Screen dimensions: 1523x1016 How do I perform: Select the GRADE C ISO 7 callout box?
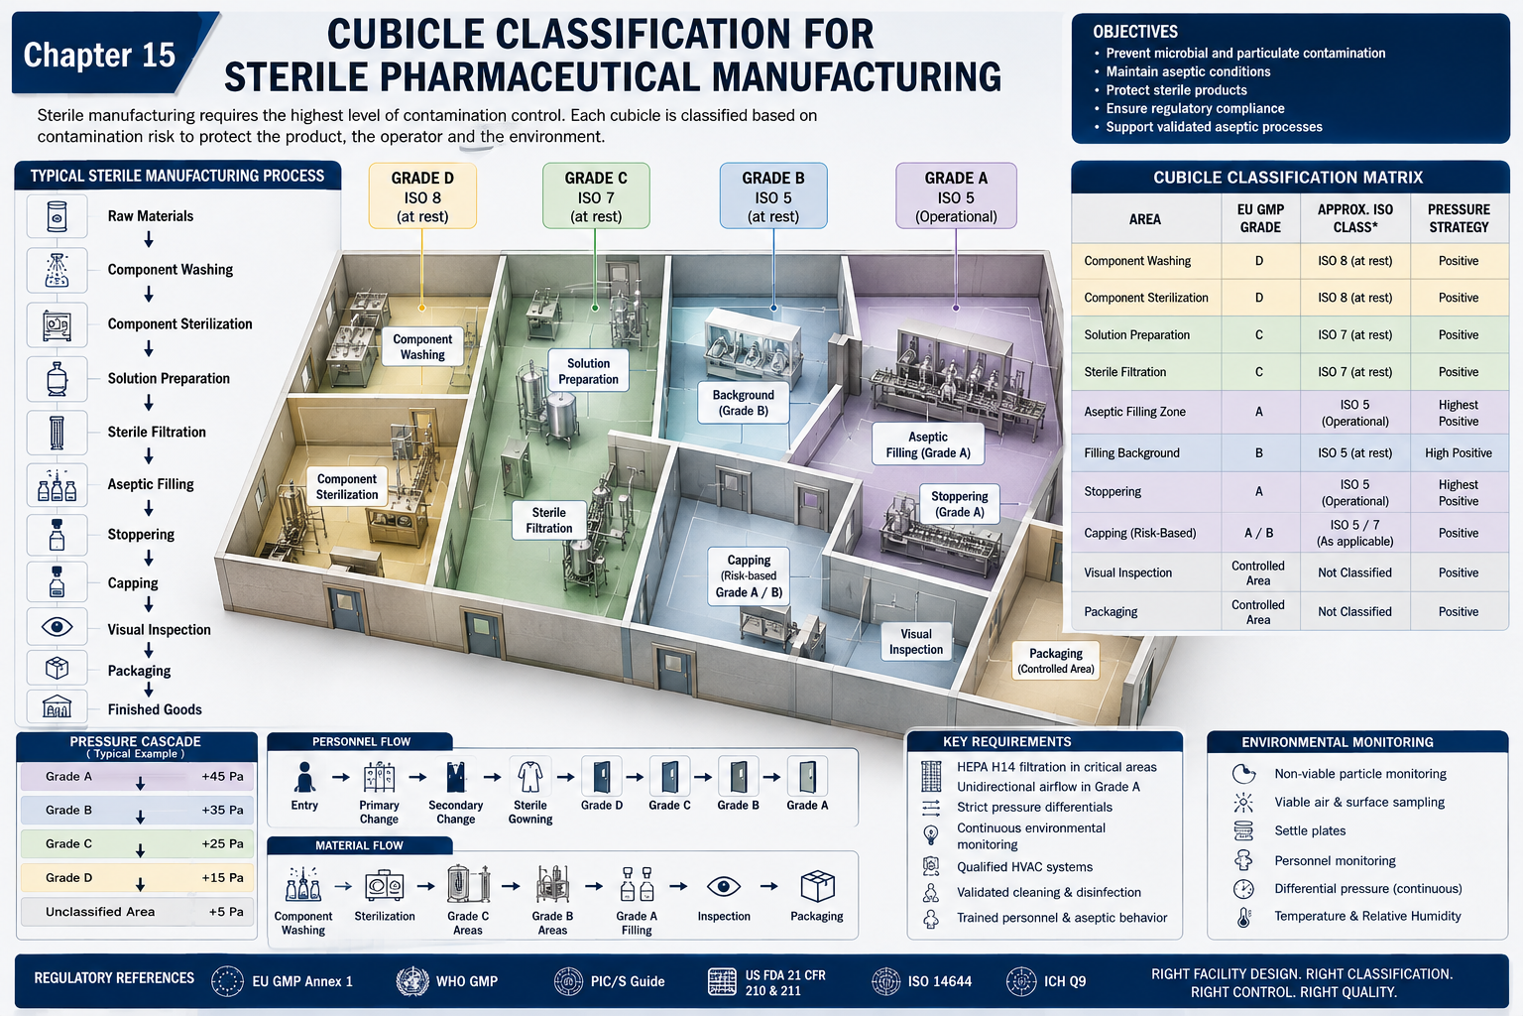coord(596,196)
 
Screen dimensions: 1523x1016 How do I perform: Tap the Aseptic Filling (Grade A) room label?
coord(928,444)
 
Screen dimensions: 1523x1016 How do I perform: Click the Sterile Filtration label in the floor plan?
coord(548,520)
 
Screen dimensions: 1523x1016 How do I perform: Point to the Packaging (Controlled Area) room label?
coord(1055,660)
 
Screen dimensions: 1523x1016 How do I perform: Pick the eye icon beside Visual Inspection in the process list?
coord(58,626)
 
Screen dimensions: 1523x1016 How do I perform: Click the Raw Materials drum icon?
coord(58,216)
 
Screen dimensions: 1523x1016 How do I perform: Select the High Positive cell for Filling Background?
coord(1459,453)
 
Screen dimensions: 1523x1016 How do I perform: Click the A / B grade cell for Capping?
coord(1258,533)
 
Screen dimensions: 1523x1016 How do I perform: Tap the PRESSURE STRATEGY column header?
coord(1459,218)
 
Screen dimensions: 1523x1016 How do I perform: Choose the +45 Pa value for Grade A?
coord(222,777)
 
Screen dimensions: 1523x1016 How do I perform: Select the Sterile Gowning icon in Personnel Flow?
coord(530,777)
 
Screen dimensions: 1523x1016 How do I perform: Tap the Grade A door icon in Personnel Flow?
coord(807,777)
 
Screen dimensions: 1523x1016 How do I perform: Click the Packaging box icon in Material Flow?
coord(817,886)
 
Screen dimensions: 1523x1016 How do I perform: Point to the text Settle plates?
coord(1310,830)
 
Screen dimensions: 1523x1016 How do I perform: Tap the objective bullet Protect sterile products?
coord(1176,90)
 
